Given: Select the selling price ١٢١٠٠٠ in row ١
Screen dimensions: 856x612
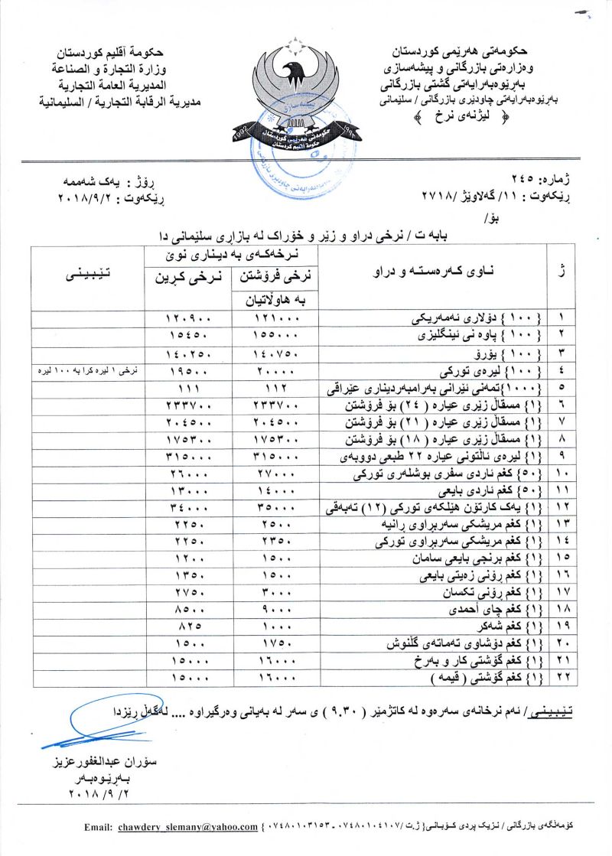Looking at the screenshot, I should pos(272,317).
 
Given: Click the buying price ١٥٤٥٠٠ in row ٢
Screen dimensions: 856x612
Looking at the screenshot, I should pos(187,335).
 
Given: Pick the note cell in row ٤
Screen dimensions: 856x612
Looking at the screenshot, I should pos(88,371).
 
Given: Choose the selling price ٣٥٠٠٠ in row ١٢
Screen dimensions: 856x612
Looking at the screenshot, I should pos(272,508).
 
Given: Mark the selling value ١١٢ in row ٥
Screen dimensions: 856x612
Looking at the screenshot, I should pos(272,389).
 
